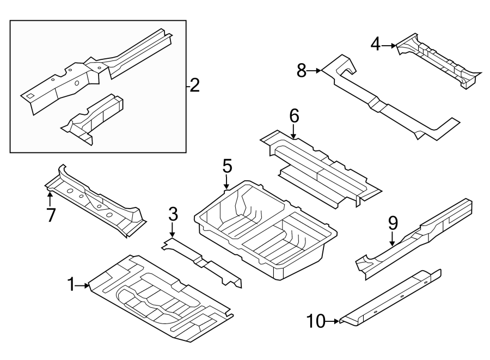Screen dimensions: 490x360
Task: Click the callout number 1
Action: [71, 285]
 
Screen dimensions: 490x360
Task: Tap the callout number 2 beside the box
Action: [194, 86]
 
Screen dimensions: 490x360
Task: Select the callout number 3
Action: [173, 215]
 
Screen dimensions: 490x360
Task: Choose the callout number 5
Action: [228, 166]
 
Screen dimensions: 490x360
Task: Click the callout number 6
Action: [294, 116]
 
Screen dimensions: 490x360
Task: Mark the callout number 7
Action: [51, 215]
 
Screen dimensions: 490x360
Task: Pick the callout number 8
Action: [302, 71]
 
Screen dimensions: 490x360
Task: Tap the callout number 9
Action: [393, 223]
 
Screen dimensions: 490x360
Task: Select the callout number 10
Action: [316, 321]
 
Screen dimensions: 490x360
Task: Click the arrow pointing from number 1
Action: [83, 285]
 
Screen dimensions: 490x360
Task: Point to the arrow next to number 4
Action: [389, 46]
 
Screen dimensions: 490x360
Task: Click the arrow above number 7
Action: [50, 199]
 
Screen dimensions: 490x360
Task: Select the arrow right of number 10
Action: [333, 321]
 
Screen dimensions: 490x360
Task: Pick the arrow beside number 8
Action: [314, 71]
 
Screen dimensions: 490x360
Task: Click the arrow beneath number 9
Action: [393, 239]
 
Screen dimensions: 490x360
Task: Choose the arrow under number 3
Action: [172, 230]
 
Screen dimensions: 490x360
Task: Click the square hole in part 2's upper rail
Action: [30, 96]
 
